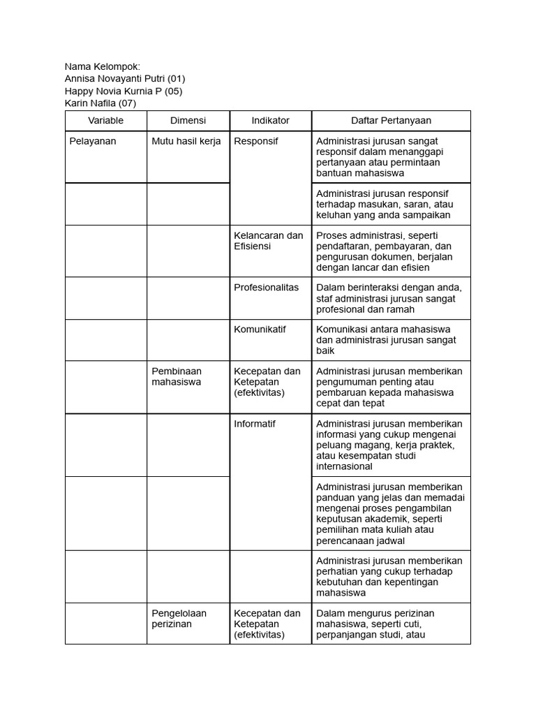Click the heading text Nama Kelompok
click(x=102, y=66)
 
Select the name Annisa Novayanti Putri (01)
click(x=124, y=79)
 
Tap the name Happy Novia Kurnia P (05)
click(x=123, y=91)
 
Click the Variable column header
click(x=105, y=121)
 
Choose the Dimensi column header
click(x=188, y=121)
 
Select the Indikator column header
click(x=270, y=121)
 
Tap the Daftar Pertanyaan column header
click(x=391, y=121)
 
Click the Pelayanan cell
click(x=93, y=141)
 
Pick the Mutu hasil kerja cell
click(x=186, y=141)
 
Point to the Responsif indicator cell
click(x=255, y=141)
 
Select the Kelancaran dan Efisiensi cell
click(x=269, y=241)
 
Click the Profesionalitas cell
click(x=267, y=288)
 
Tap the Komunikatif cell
click(x=260, y=330)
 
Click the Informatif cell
click(x=255, y=424)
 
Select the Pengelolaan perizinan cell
click(x=179, y=619)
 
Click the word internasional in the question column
click(x=344, y=466)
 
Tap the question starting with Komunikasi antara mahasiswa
click(x=386, y=340)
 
